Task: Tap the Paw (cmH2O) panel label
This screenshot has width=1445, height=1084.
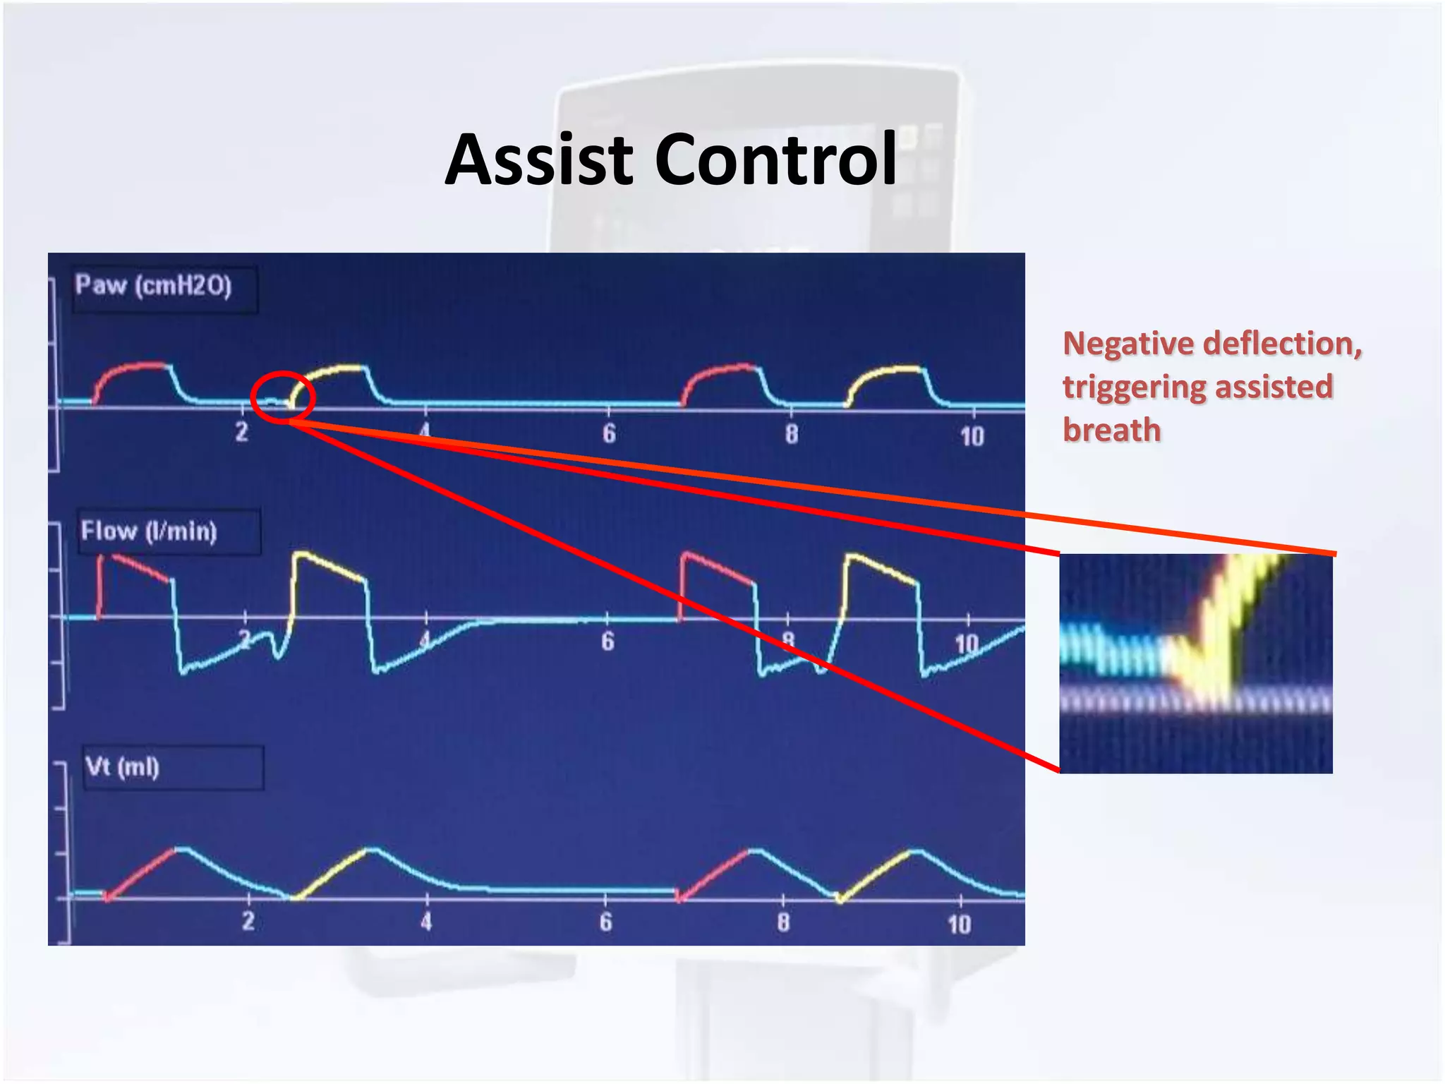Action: [x=154, y=286]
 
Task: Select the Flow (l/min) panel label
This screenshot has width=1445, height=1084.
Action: [x=149, y=531]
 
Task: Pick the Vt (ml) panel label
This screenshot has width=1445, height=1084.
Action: [x=122, y=766]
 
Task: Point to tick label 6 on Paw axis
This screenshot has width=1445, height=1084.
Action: [x=609, y=433]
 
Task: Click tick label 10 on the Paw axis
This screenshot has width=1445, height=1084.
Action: [x=972, y=437]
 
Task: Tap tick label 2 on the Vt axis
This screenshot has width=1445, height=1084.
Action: [x=248, y=920]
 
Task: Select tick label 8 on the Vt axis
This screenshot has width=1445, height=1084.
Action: [x=783, y=922]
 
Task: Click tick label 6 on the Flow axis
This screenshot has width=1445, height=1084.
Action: [x=607, y=642]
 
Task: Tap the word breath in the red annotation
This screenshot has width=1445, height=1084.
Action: [x=1111, y=430]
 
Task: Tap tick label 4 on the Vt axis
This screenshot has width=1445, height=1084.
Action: [x=426, y=921]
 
